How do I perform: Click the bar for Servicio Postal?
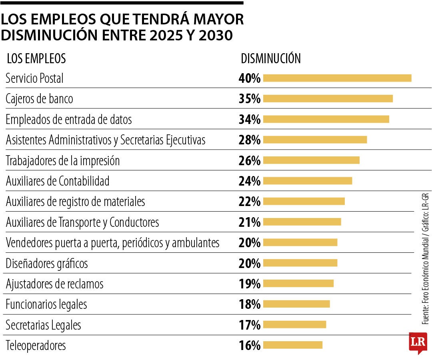coord(337,78)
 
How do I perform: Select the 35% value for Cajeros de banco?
coord(250,99)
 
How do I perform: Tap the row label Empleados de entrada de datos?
coord(68,119)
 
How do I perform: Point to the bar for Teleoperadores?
coord(293,345)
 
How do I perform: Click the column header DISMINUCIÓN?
coord(270,58)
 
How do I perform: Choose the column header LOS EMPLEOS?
coord(36,58)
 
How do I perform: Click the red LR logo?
coord(418,342)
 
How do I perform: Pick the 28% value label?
coord(250,140)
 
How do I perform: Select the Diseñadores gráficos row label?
coord(46,263)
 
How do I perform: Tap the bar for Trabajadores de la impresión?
coord(311,160)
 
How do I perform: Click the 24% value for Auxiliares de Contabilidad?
coord(250,181)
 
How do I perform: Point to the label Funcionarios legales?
coord(46,304)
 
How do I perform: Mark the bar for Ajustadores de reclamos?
coord(298,284)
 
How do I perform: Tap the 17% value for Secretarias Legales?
coord(250,325)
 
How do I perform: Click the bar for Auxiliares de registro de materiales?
coord(304,201)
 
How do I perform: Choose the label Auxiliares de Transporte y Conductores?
coord(82,222)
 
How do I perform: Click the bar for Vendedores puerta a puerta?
coord(300,242)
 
